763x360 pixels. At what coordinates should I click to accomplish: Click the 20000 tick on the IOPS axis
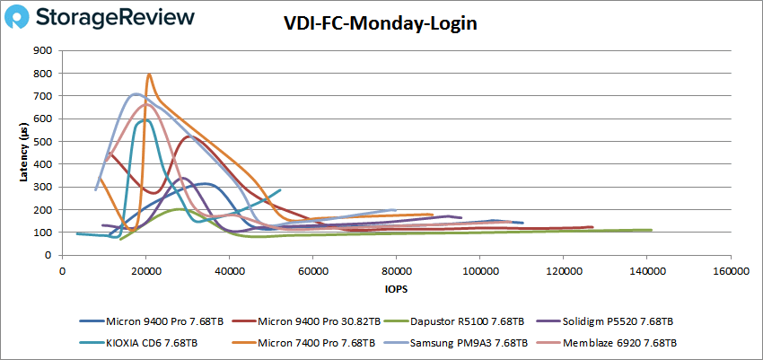click(145, 270)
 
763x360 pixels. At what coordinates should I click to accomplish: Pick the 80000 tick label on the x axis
click(396, 270)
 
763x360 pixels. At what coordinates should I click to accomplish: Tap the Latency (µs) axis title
click(25, 153)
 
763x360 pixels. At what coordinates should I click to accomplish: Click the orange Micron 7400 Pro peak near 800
click(149, 75)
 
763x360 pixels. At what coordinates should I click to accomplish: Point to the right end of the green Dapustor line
click(651, 231)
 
